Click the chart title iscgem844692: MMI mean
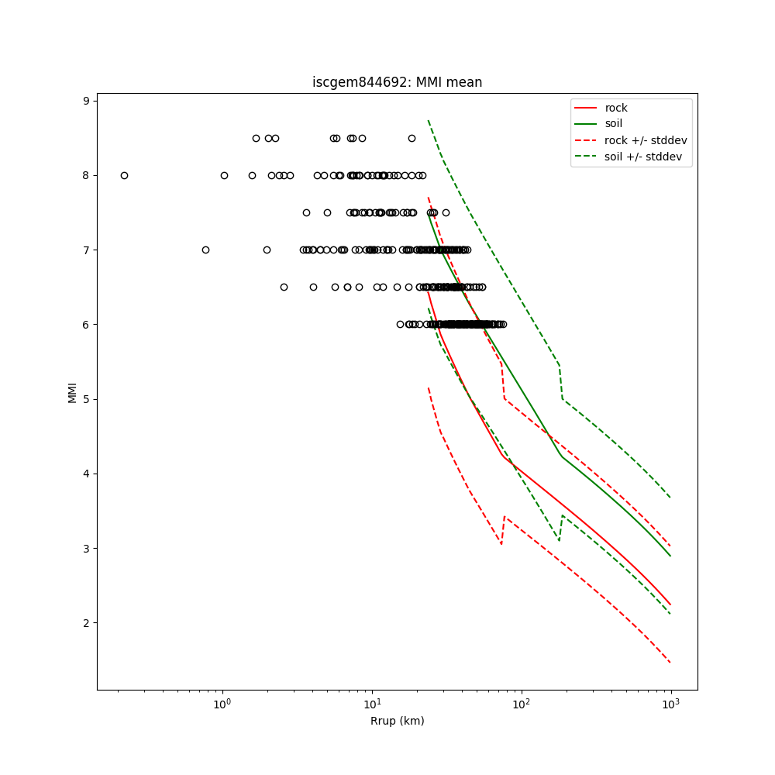[x=397, y=82]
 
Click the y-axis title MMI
[x=72, y=392]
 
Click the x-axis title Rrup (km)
[x=397, y=721]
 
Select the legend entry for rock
[x=616, y=108]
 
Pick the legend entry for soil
[x=613, y=123]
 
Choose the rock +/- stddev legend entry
[x=645, y=140]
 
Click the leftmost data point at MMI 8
[x=124, y=175]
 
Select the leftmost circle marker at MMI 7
[x=205, y=250]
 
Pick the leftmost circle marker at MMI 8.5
[x=256, y=138]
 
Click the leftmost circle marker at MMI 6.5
[x=284, y=287]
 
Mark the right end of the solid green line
[x=670, y=556]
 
